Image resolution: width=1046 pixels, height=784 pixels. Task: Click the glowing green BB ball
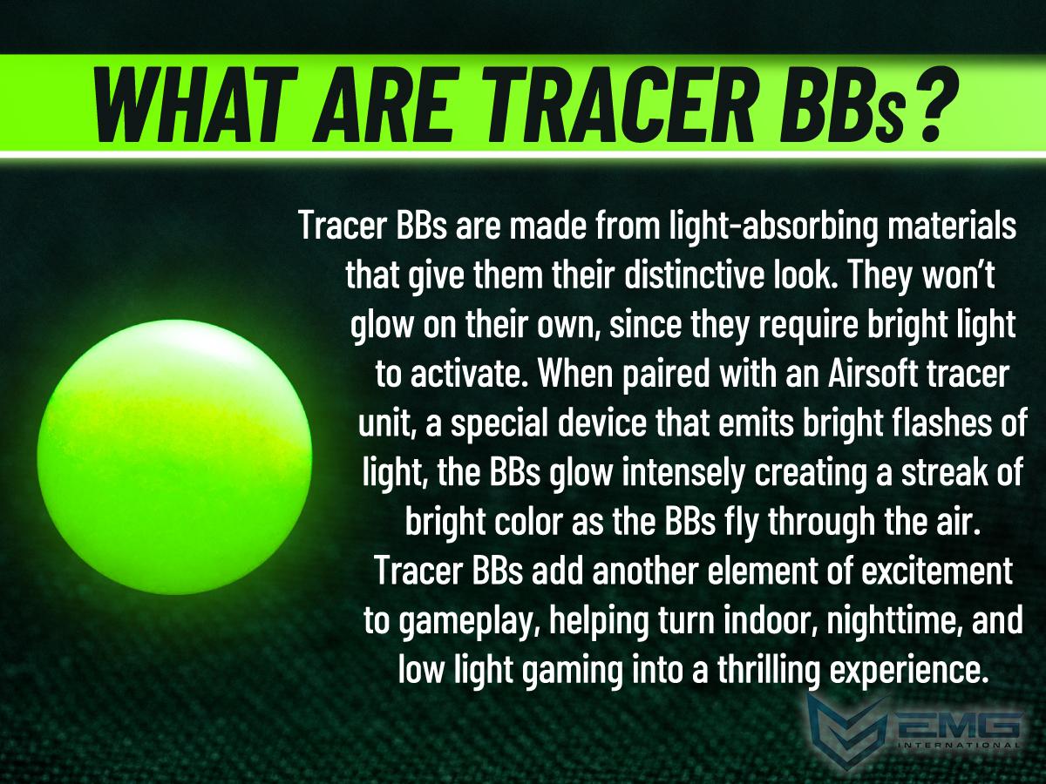coord(174,456)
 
